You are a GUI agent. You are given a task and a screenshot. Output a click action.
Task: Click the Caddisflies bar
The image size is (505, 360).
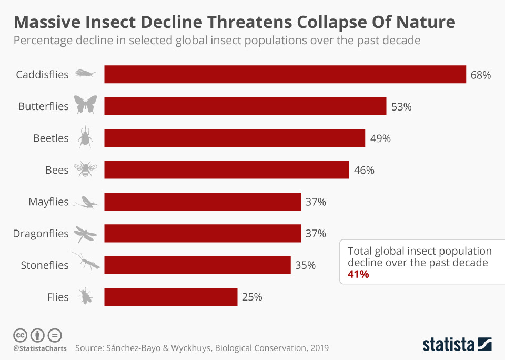coord(285,74)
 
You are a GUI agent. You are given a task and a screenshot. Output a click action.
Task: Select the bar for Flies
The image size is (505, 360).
coord(171,297)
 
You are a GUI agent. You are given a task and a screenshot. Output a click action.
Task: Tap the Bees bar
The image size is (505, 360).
coord(227,170)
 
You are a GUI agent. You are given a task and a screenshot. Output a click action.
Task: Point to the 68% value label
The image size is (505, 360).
coord(480,75)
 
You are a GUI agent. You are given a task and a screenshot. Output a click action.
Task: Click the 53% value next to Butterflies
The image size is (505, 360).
coord(401,107)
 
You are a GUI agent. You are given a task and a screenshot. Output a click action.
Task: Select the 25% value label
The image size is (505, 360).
coord(252,297)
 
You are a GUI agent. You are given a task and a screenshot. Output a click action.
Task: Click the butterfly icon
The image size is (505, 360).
coord(85,105)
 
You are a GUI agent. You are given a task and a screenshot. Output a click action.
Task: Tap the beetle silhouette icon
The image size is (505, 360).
coord(85,137)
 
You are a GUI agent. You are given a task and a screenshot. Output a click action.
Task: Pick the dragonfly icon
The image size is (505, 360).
coord(85,234)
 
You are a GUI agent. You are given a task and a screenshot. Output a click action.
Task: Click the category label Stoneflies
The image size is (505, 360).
coord(45,265)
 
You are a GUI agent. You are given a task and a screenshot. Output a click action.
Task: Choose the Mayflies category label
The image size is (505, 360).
coord(48,202)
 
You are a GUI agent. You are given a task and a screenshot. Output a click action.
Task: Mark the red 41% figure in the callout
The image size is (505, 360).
coord(358,274)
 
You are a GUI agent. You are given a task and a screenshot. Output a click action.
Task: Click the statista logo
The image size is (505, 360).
coord(457,345)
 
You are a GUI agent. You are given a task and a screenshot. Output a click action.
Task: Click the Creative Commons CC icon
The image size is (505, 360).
coord(20,335)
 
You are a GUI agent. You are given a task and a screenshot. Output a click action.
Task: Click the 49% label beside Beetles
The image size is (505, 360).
coord(380,138)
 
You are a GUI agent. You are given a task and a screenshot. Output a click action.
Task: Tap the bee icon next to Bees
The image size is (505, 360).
coord(85,169)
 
